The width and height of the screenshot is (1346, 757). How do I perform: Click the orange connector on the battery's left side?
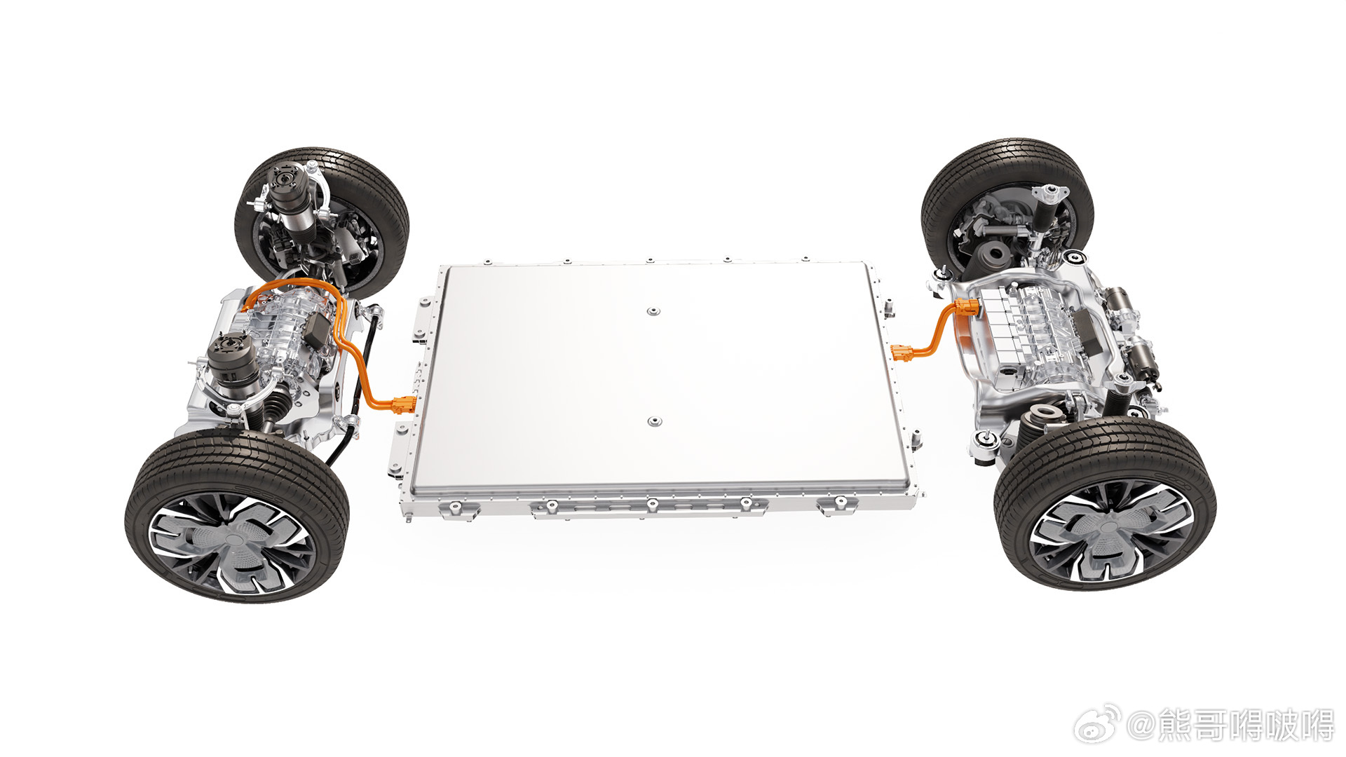(x=403, y=404)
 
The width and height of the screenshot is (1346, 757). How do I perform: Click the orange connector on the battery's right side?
(x=902, y=352)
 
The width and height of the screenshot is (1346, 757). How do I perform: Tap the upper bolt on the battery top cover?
(x=653, y=311)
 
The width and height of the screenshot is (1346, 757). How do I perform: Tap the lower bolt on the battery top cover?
(x=654, y=421)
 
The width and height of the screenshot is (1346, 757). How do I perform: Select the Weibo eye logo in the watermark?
(x=1097, y=726)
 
